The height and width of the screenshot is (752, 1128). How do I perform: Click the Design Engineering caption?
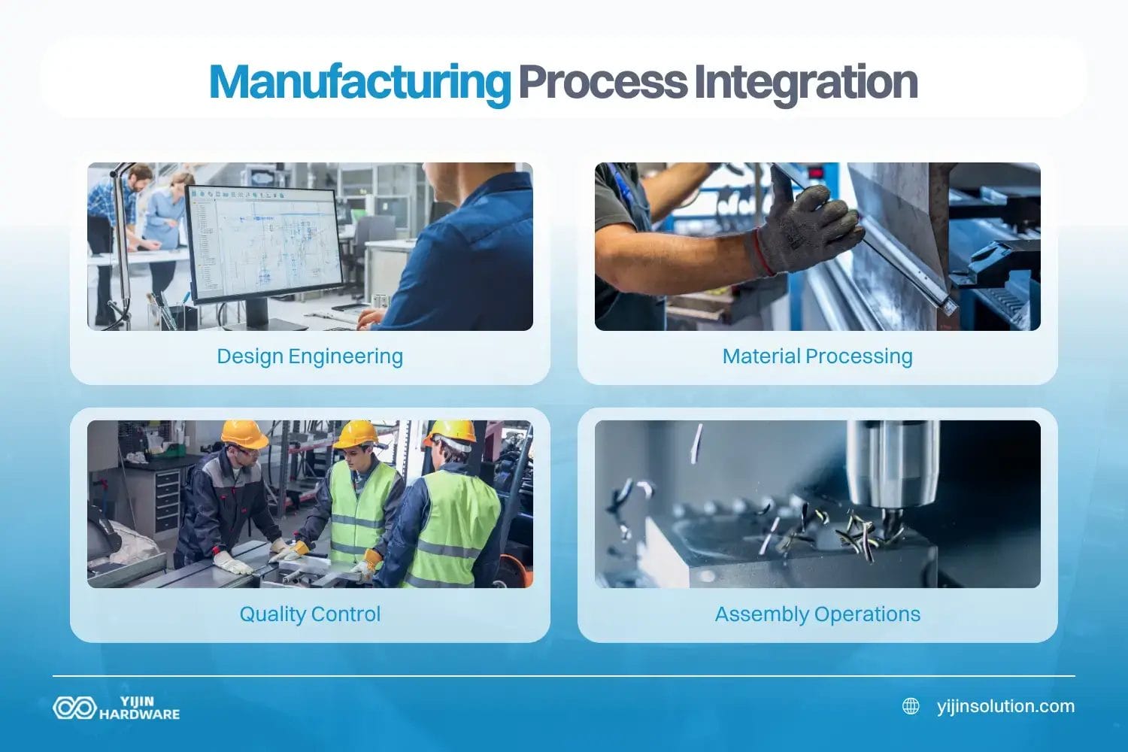pyautogui.click(x=310, y=356)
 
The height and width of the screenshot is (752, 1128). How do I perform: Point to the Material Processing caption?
pyautogui.click(x=817, y=356)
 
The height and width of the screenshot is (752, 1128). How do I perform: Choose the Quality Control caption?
pyautogui.click(x=310, y=614)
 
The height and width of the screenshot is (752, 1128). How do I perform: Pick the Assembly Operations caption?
pyautogui.click(x=817, y=614)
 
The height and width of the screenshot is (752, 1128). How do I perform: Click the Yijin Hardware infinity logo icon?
pyautogui.click(x=74, y=708)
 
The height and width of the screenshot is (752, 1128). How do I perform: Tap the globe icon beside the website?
pyautogui.click(x=911, y=706)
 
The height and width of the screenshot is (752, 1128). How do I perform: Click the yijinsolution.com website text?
pyautogui.click(x=1005, y=706)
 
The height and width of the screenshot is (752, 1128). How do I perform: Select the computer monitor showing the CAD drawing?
pyautogui.click(x=263, y=241)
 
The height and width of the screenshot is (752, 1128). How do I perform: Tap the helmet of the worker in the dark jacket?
pyautogui.click(x=244, y=434)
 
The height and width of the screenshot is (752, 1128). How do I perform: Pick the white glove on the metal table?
pyautogui.click(x=232, y=562)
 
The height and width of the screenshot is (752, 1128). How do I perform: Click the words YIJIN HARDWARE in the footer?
pyautogui.click(x=140, y=708)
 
